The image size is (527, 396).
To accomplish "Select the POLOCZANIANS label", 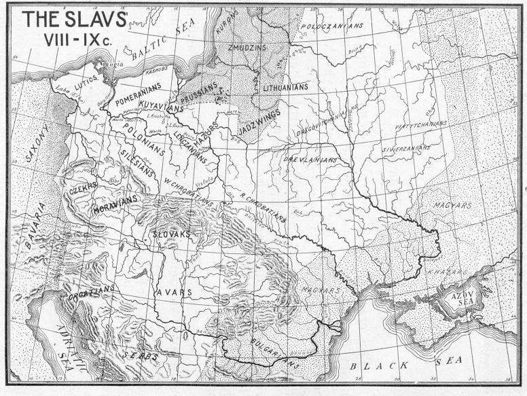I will pyautogui.click(x=332, y=26).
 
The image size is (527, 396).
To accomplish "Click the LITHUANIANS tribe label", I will pyautogui.click(x=285, y=87).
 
